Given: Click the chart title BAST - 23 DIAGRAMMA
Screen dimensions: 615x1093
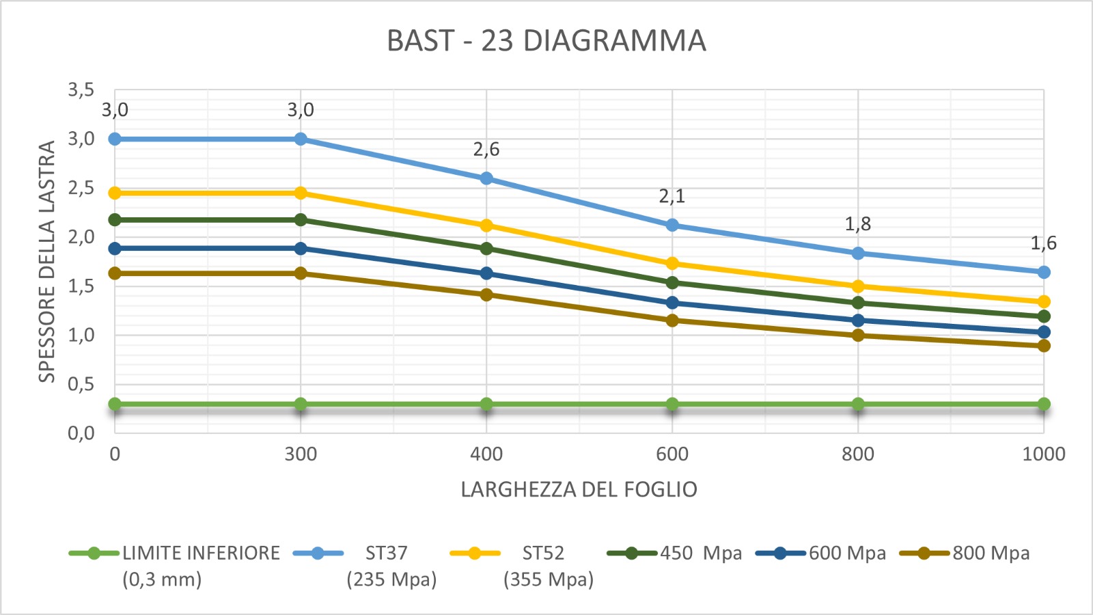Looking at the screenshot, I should pyautogui.click(x=546, y=41).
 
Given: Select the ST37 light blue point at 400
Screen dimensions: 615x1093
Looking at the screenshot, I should pyautogui.click(x=486, y=178).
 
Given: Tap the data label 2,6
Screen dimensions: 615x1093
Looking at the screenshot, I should pyautogui.click(x=486, y=149).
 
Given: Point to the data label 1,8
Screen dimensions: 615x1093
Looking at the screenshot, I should pyautogui.click(x=858, y=223).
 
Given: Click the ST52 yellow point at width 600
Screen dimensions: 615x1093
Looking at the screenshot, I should pyautogui.click(x=672, y=264).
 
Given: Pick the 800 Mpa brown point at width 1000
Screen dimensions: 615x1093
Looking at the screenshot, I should pyautogui.click(x=1044, y=346).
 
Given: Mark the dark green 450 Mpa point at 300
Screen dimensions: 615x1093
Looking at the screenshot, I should pyautogui.click(x=301, y=220).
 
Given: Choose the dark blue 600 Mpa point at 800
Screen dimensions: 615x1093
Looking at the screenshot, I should pyautogui.click(x=858, y=320).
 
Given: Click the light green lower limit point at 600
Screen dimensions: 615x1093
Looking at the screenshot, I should pyautogui.click(x=672, y=404).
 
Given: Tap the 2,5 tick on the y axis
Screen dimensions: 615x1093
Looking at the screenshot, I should pyautogui.click(x=81, y=188).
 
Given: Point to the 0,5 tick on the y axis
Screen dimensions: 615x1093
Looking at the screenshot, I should pyautogui.click(x=81, y=384).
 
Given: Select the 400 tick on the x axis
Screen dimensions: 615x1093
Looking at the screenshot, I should pyautogui.click(x=486, y=454).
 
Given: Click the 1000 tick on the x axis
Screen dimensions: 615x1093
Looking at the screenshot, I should pyautogui.click(x=1043, y=454).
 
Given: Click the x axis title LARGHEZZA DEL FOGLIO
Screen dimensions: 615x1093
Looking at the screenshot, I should pyautogui.click(x=579, y=489).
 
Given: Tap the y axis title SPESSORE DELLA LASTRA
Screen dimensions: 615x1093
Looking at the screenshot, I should pyautogui.click(x=46, y=261).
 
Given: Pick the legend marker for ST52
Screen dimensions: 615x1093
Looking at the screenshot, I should pyautogui.click(x=475, y=553).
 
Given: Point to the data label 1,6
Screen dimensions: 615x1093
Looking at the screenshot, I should pyautogui.click(x=1043, y=243).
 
